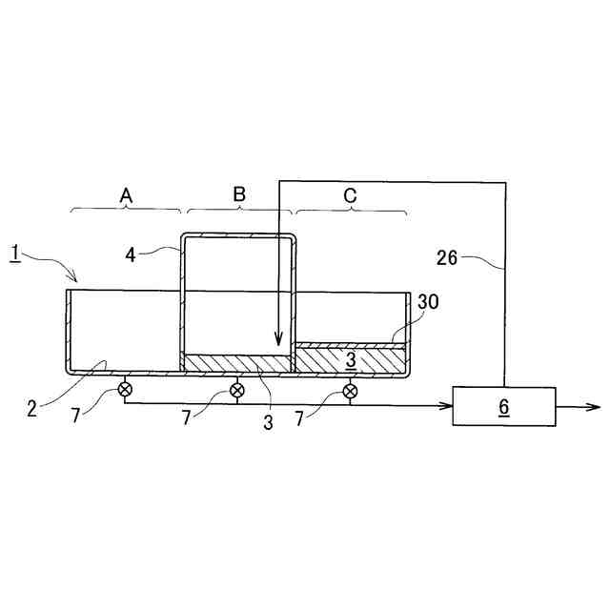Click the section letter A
tap(126, 195)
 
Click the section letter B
tap(239, 194)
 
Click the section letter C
tap(350, 195)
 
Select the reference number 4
tap(131, 254)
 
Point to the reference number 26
tap(447, 258)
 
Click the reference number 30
tap(428, 301)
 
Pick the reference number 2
tap(31, 409)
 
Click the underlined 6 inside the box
tap(504, 407)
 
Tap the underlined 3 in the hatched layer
tap(351, 360)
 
